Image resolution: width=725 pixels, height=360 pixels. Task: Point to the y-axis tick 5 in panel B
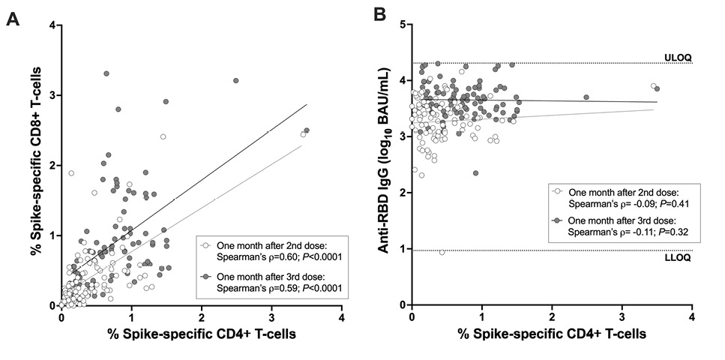click(403, 25)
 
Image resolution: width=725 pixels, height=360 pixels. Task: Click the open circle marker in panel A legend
click(205, 244)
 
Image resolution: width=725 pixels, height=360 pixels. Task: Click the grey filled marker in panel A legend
click(205, 277)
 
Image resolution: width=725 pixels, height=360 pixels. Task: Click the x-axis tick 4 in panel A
click(341, 317)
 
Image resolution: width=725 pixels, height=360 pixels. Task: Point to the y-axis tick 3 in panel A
click(52, 95)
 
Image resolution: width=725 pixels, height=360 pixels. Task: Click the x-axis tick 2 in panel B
click(552, 317)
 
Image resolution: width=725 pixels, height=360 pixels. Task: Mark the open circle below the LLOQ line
click(442, 252)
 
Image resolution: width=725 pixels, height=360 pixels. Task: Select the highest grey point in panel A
click(106, 73)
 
